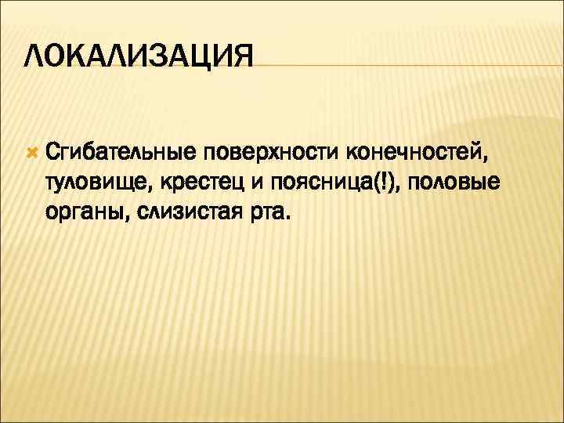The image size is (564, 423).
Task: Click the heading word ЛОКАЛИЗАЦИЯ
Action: click(x=139, y=57)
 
